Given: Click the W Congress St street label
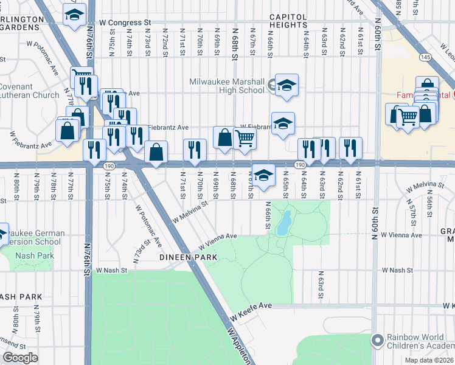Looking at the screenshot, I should click(125, 23).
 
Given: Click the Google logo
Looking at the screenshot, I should click(20, 357).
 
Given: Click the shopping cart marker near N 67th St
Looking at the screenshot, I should click(245, 139).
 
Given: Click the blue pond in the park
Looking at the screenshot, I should click(283, 226).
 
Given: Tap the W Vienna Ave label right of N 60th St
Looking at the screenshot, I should click(401, 235).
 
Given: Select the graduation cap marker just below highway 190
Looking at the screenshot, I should click(263, 175).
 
